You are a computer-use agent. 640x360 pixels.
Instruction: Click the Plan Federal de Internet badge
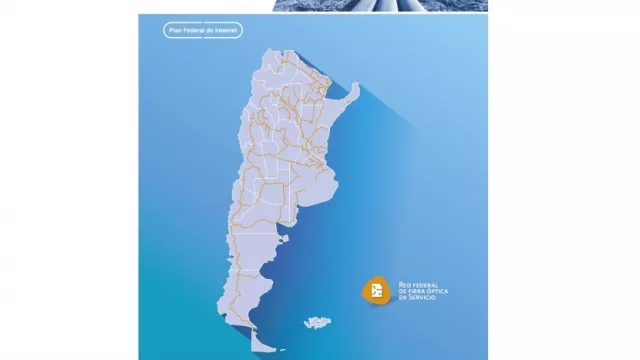(x=203, y=30)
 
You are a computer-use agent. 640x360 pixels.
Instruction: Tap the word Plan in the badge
(x=178, y=30)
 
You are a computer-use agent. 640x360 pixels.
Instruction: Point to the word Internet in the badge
(x=227, y=30)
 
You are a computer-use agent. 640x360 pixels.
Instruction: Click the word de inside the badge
(x=212, y=30)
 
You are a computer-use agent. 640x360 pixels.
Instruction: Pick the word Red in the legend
(x=404, y=285)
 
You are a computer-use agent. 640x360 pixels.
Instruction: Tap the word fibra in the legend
(x=414, y=291)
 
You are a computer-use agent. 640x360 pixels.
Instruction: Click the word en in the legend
(x=403, y=297)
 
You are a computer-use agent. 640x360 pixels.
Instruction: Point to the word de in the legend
(x=402, y=291)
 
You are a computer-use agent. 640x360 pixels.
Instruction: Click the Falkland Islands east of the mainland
(x=317, y=322)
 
